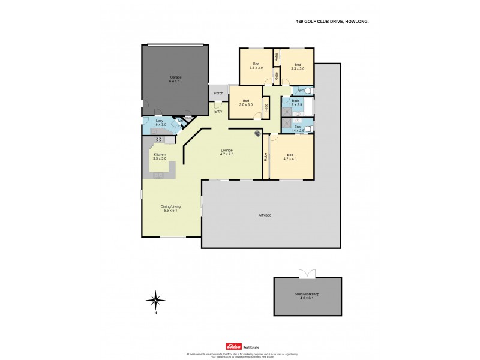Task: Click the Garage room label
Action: [175, 79]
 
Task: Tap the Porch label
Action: [218, 93]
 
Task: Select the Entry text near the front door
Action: [218, 111]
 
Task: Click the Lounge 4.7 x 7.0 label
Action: [226, 152]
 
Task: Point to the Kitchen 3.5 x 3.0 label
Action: [160, 157]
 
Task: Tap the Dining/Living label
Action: [172, 208]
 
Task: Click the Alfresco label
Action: [265, 215]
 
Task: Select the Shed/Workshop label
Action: [307, 296]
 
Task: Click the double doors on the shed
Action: [307, 274]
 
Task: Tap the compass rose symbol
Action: [155, 298]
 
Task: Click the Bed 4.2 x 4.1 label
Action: [291, 157]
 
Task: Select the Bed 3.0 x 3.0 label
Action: [245, 103]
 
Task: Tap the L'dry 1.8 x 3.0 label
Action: [159, 124]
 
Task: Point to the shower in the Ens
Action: [287, 128]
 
